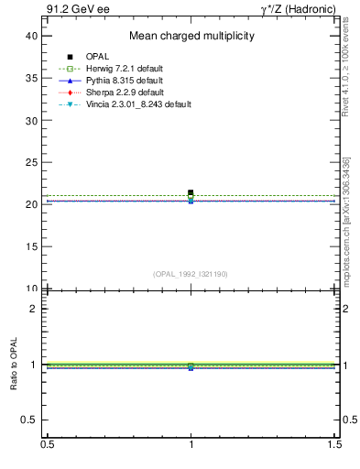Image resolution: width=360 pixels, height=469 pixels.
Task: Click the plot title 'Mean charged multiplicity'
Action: (x=191, y=37)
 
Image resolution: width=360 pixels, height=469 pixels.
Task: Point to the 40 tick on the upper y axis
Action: (x=31, y=36)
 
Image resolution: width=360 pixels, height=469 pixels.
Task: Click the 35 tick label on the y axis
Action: (x=31, y=78)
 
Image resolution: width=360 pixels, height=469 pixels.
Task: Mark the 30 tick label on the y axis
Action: (x=31, y=120)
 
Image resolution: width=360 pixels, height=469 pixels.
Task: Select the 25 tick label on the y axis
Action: (x=31, y=162)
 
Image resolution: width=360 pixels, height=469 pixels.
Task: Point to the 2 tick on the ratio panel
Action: (x=34, y=309)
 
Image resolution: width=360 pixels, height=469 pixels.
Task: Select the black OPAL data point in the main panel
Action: (x=191, y=192)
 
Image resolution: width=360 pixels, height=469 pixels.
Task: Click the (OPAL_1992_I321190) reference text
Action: (x=191, y=274)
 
